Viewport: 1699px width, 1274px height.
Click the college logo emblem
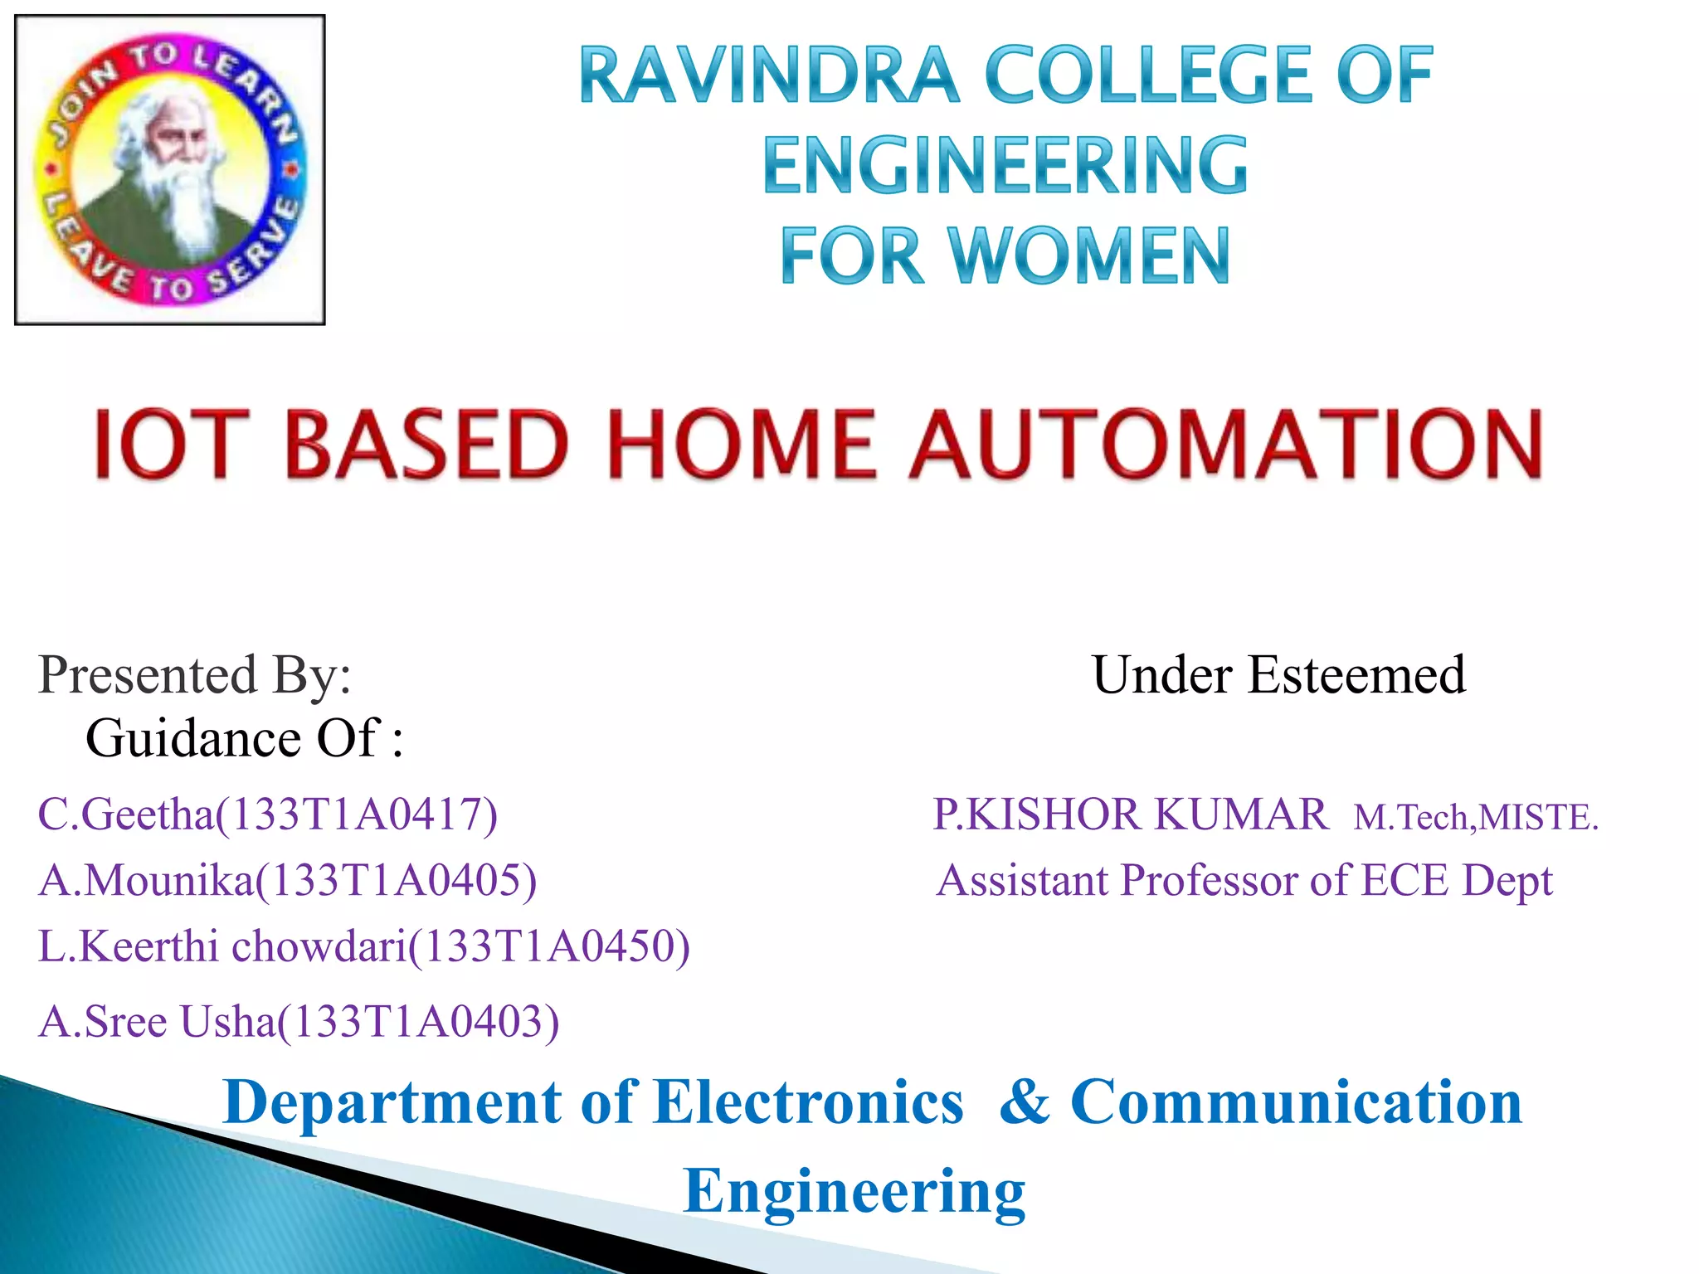[x=170, y=170]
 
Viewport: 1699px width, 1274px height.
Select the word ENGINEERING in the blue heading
[x=1005, y=166]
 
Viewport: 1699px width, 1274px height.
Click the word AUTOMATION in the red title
[x=1227, y=445]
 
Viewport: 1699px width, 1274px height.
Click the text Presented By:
[x=195, y=674]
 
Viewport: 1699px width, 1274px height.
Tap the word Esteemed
[x=1356, y=674]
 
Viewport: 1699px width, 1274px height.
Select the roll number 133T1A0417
[x=356, y=814]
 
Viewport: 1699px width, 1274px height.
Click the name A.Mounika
[x=145, y=880]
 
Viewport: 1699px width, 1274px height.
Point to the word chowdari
[x=319, y=946]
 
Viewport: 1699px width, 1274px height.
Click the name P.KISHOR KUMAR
[x=1130, y=814]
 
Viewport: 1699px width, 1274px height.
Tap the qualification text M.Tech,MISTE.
[x=1475, y=818]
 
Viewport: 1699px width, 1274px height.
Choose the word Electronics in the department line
[x=808, y=1102]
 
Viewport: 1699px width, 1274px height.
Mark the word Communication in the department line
[x=1296, y=1102]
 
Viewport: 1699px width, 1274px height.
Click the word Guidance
[x=193, y=738]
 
